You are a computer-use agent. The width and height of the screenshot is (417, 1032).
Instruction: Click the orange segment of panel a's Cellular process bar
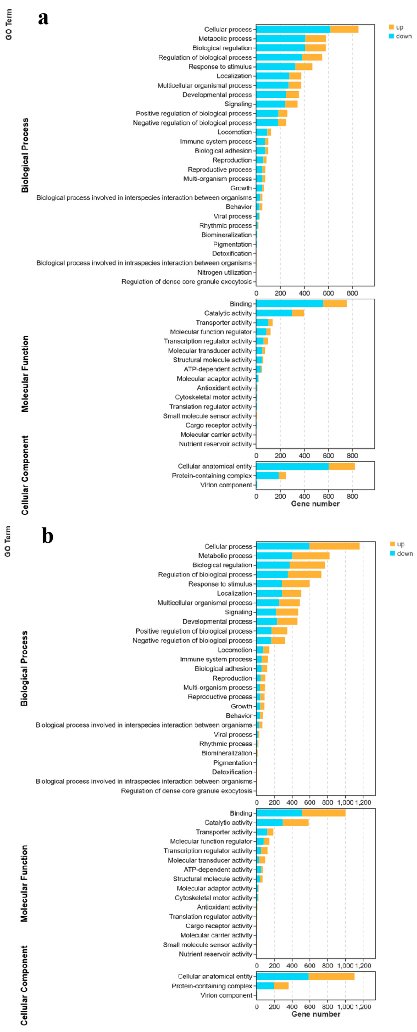click(344, 29)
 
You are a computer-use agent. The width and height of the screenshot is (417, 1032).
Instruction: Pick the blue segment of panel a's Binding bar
click(290, 304)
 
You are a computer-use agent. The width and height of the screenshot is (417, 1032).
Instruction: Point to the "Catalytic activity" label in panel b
click(228, 822)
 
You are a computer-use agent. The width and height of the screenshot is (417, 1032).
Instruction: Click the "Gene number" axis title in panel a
click(315, 504)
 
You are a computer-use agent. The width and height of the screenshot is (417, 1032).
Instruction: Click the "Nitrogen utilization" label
click(224, 272)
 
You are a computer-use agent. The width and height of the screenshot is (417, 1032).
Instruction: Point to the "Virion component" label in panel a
click(226, 485)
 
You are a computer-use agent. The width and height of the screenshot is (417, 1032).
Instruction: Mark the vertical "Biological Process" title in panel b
click(24, 669)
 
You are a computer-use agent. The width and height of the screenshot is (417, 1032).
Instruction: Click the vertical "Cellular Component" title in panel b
click(24, 986)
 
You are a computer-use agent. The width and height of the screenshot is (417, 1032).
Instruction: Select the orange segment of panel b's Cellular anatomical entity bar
click(331, 976)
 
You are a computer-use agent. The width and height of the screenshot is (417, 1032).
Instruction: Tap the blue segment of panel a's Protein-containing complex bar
click(267, 476)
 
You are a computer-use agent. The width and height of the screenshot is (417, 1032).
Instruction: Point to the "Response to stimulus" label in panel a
click(220, 66)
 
